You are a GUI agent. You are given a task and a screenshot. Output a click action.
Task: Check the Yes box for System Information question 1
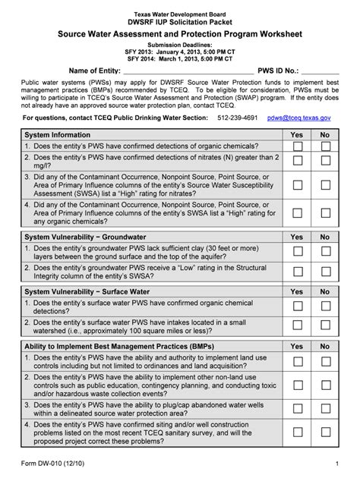[x=298, y=146]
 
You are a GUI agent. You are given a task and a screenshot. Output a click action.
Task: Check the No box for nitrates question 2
[x=325, y=161]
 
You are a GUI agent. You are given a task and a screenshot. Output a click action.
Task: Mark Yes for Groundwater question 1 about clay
[x=298, y=251]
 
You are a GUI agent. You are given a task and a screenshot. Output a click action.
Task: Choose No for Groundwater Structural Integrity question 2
[x=325, y=272]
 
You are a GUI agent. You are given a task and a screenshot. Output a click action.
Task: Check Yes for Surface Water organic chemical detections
[x=298, y=307]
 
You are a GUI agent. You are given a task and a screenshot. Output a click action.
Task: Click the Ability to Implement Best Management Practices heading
[x=114, y=347]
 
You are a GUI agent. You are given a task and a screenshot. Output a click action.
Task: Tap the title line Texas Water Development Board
[x=180, y=15]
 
